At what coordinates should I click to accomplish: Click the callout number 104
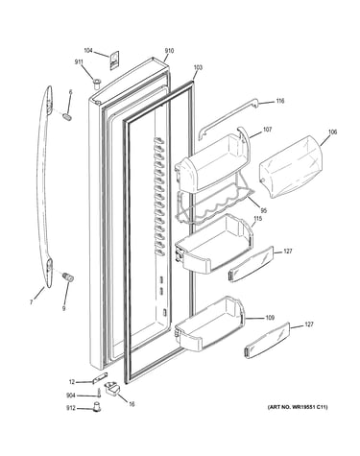click(88, 50)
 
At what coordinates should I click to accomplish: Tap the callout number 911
click(79, 62)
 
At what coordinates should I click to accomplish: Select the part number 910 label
click(169, 51)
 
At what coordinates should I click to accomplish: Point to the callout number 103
click(198, 67)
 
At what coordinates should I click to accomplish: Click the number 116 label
click(280, 101)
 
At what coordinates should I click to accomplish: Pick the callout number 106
click(333, 132)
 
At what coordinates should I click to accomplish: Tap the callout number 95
click(264, 210)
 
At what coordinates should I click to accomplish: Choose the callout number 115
click(258, 219)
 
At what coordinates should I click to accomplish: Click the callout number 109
click(270, 318)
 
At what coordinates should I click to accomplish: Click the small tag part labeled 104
click(114, 60)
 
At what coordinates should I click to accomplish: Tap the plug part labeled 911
click(97, 83)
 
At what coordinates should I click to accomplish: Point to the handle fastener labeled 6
click(67, 116)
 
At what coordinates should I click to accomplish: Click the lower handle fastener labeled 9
click(68, 276)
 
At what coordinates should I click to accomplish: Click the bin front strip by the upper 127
click(252, 264)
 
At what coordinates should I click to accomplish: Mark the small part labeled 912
click(96, 407)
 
